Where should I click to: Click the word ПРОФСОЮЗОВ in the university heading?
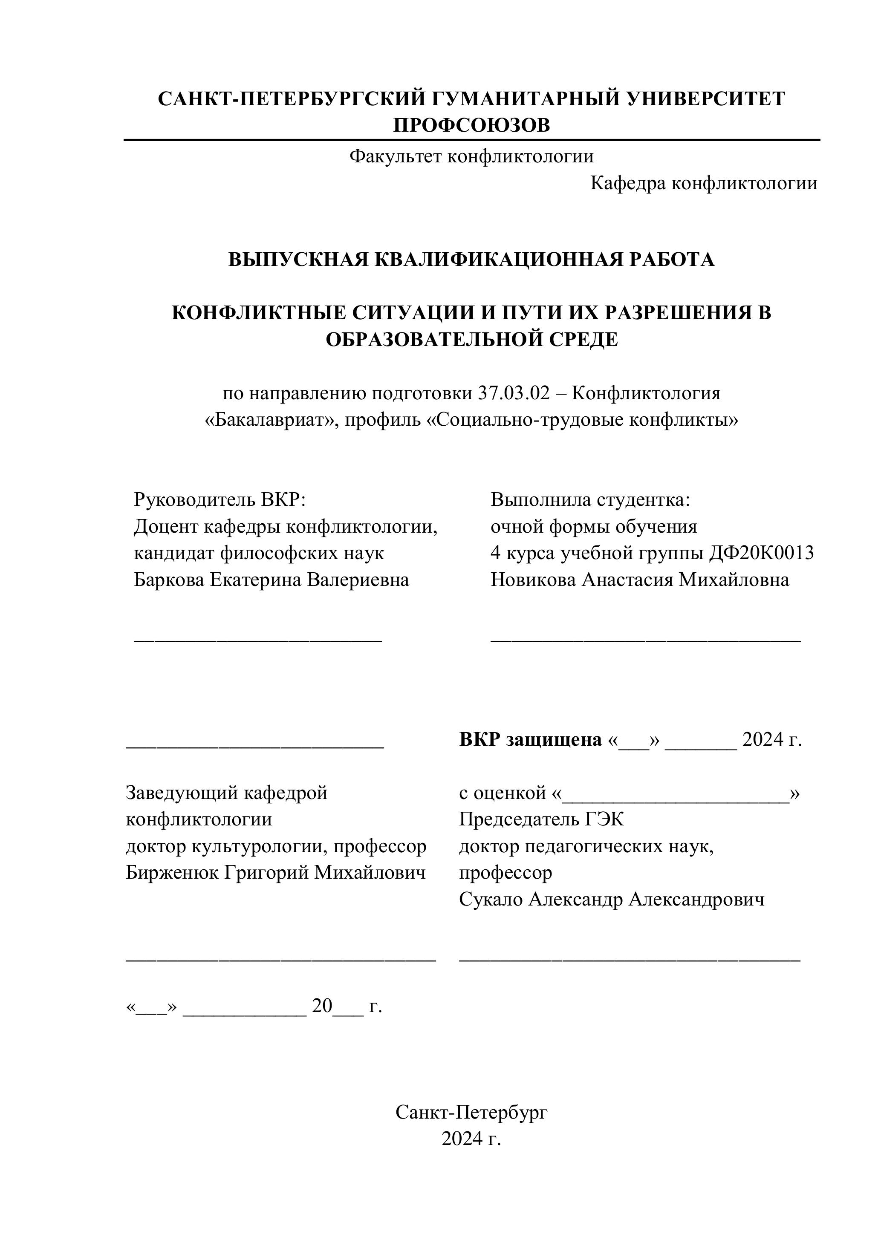(471, 125)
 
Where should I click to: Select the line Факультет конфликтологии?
(471, 157)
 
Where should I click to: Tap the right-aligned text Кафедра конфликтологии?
(704, 183)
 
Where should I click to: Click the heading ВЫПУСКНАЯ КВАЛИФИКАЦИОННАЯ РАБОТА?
(471, 260)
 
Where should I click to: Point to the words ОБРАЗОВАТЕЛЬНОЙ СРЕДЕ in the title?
(471, 340)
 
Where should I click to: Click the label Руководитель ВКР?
(220, 500)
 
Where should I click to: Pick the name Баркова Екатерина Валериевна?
(272, 580)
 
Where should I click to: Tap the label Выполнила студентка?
(590, 500)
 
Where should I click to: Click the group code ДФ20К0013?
(761, 554)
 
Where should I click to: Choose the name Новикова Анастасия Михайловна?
(639, 580)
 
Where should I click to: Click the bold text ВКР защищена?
(530, 740)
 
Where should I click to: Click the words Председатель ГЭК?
(541, 819)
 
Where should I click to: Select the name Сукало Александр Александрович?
(612, 899)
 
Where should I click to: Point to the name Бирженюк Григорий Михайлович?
(276, 873)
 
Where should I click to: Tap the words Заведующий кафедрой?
(226, 793)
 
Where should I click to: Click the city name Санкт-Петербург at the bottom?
(471, 1113)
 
